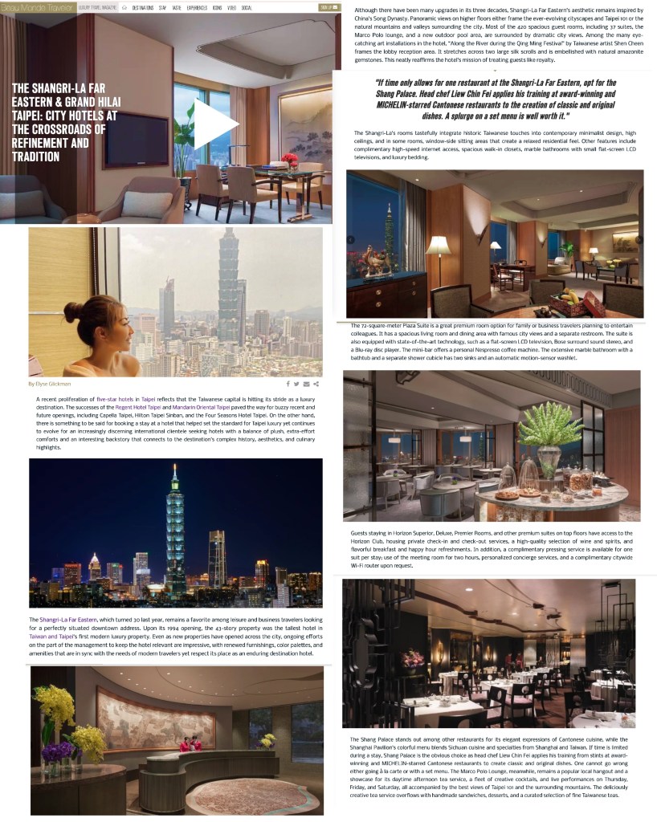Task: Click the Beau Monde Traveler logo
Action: (37, 7)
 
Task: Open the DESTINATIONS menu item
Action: (143, 8)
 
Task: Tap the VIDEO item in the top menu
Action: (231, 8)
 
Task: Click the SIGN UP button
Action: (328, 7)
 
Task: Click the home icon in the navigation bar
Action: (124, 8)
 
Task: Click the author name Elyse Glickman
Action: (51, 384)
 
